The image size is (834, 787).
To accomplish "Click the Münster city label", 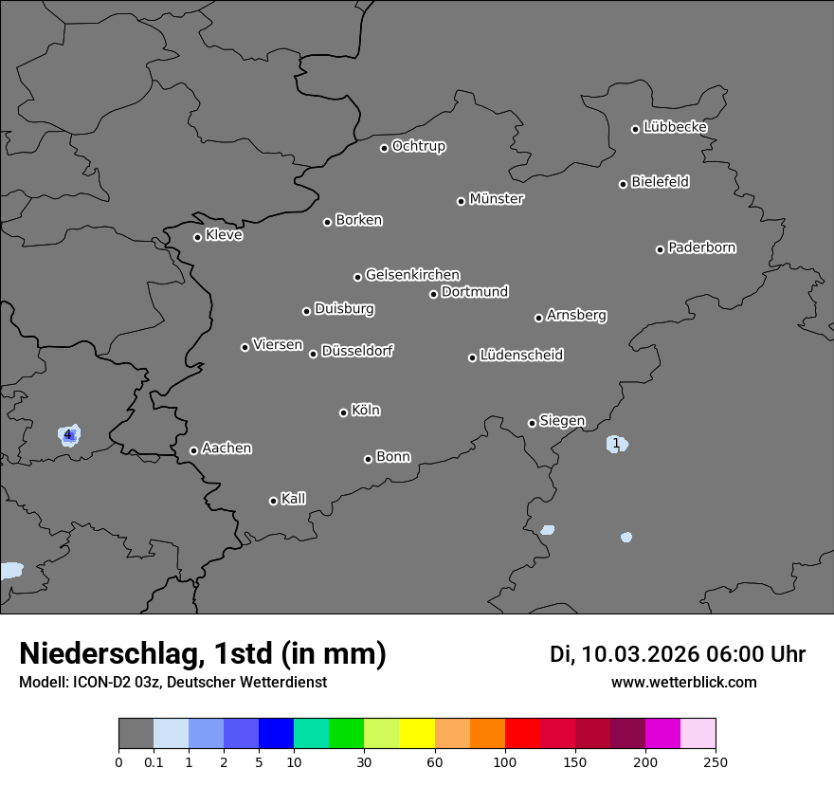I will click(x=497, y=199).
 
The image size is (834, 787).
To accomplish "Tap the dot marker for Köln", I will click(x=343, y=412).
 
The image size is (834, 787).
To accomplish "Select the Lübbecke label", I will click(x=675, y=127).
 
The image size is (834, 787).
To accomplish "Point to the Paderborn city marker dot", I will click(x=661, y=249).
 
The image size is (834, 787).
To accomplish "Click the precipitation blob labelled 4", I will click(x=68, y=435).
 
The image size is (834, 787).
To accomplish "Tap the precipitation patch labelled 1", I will click(x=616, y=444).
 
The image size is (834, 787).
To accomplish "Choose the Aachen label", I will click(x=227, y=448).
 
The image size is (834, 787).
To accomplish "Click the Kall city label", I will click(x=294, y=499).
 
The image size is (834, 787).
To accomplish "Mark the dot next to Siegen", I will click(x=532, y=423).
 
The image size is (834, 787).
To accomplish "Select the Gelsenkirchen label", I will click(x=412, y=275).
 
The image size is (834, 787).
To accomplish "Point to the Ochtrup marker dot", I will click(x=384, y=148).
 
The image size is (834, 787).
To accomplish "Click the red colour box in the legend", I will click(x=522, y=734).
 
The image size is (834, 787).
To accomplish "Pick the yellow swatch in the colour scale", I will click(x=417, y=734).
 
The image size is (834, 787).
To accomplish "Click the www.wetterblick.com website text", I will click(x=683, y=683).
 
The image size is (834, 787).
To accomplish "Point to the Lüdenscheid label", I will click(x=521, y=356).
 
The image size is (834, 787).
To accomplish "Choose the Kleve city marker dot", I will click(x=197, y=237).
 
